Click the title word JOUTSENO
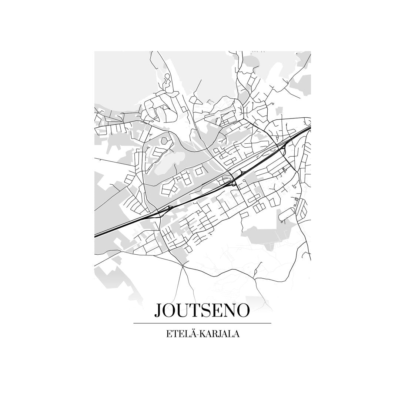tap(202, 310)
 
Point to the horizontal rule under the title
tap(202, 323)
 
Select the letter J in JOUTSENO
tap(158, 310)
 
